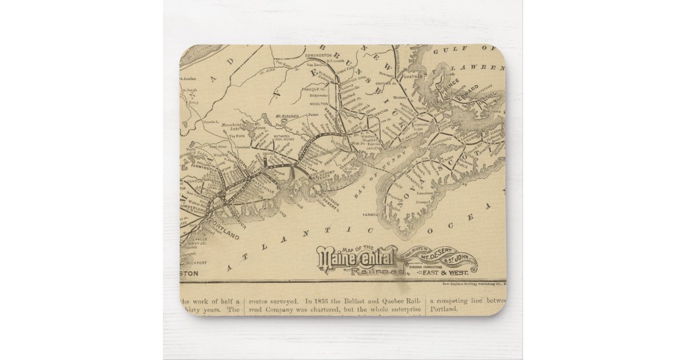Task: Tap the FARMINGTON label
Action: (200, 170)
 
